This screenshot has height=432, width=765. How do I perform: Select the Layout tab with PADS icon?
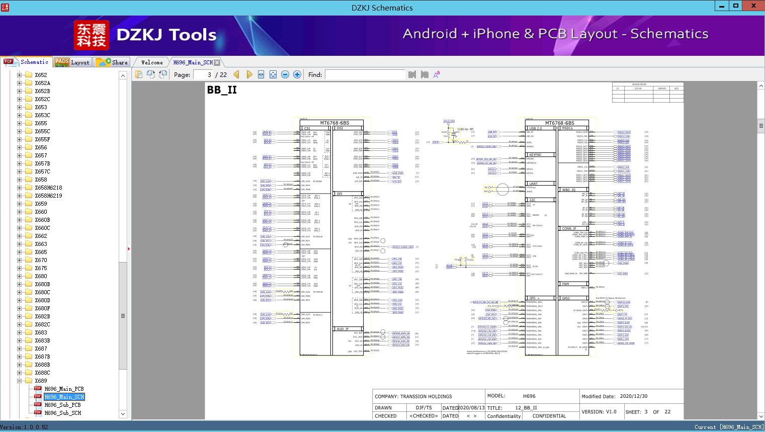72,62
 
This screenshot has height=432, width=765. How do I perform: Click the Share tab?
112,62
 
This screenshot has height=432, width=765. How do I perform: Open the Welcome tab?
152,62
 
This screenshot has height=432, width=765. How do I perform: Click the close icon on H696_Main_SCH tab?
217,62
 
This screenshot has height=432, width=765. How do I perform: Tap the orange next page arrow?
249,74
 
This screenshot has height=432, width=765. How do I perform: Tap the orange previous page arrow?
236,74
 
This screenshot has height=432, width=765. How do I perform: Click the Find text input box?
365,74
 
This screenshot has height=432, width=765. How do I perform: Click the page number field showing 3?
203,74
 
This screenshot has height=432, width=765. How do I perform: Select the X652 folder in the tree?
41,75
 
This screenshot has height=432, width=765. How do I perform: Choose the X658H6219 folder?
48,196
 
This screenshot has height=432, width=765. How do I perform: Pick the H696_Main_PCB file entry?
64,389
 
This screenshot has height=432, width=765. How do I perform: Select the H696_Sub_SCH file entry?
62,413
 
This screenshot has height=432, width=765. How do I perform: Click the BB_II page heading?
222,90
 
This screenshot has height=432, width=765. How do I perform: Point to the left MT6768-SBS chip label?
334,123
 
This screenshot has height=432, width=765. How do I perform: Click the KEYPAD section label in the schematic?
535,155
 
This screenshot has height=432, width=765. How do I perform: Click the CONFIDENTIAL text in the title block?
549,416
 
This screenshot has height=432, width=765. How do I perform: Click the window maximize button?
736,6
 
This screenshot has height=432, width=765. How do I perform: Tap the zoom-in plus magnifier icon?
297,74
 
